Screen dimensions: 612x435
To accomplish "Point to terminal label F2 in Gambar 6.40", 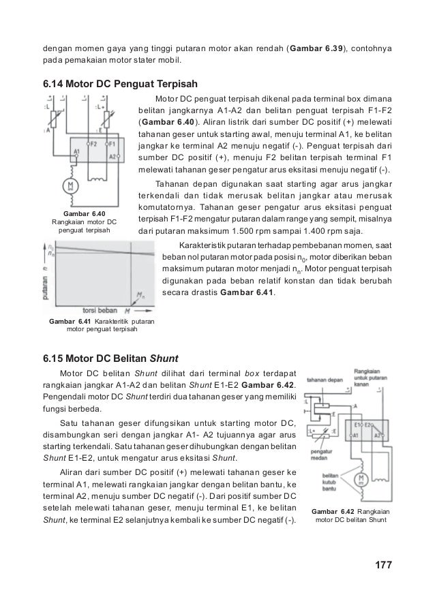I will point(94,145).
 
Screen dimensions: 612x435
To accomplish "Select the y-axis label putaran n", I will point(46,279).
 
